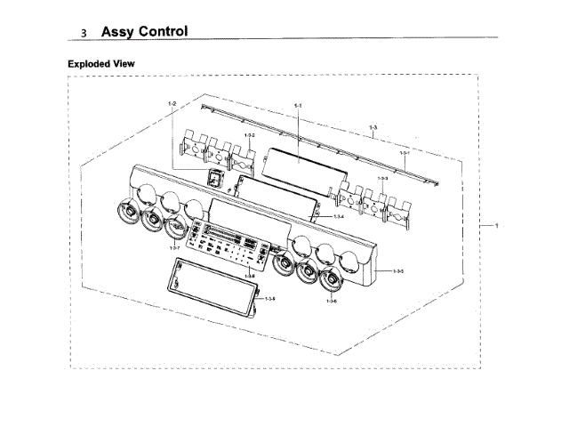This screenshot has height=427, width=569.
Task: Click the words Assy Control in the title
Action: (144, 31)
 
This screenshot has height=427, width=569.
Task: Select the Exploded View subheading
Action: (101, 64)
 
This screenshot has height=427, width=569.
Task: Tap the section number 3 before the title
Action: (84, 33)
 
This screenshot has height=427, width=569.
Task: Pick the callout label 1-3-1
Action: (404, 154)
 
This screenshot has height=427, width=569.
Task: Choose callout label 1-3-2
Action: (250, 135)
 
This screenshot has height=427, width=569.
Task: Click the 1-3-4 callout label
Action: (339, 217)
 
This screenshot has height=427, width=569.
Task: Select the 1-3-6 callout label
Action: (331, 302)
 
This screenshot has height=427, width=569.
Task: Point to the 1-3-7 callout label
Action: (174, 247)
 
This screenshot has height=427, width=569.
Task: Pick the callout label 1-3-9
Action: (268, 298)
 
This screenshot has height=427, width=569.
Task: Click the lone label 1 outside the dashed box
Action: (495, 225)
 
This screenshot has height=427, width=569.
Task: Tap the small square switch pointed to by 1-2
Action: (213, 178)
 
